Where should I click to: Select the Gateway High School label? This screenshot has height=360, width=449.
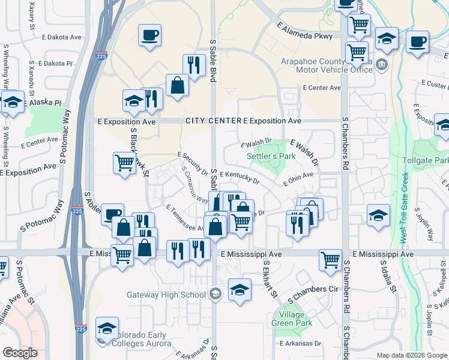click(166, 295)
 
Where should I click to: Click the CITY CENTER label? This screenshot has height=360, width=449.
click(213, 121)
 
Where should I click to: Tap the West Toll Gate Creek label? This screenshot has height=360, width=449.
click(403, 208)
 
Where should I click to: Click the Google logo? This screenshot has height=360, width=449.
click(20, 353)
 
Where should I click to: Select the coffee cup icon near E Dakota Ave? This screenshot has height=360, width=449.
click(149, 35)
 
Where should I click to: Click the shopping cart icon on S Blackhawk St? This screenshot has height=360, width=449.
click(124, 162)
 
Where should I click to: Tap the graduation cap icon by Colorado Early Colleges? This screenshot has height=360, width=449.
click(107, 328)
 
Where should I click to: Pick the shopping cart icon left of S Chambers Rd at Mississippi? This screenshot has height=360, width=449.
click(330, 260)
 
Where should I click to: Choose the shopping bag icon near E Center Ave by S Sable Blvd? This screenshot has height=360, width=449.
click(178, 85)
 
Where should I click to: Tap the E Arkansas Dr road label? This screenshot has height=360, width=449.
click(300, 344)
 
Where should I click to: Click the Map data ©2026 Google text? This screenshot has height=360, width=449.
click(411, 355)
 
